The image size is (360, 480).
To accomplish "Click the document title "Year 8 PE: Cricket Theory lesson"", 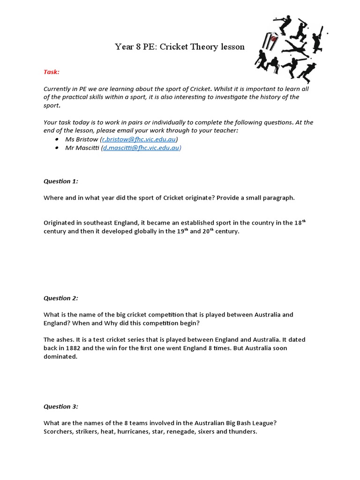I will (180, 47).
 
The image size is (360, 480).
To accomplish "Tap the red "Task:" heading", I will (52, 72).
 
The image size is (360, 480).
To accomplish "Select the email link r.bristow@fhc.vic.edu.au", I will (139, 139).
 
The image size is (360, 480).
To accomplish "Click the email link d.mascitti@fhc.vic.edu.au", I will (141, 148).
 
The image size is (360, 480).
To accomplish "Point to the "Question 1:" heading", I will (61, 181).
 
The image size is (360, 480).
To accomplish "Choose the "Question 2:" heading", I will (61, 298).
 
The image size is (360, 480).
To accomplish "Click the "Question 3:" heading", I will (61, 406).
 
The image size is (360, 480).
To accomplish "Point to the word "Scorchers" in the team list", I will (58, 431).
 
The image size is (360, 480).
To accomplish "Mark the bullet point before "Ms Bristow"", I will (57, 140).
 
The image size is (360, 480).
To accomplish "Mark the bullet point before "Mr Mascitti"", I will (57, 148).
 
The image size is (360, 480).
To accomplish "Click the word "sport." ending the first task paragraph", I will (52, 106).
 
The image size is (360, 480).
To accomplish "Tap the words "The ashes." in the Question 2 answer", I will (59, 340).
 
